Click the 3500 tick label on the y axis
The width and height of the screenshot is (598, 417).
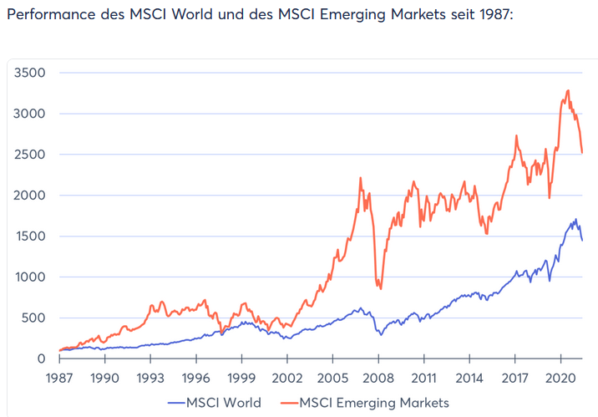[29, 73]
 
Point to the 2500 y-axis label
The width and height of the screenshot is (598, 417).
[29, 155]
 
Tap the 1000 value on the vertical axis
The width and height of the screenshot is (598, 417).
[29, 277]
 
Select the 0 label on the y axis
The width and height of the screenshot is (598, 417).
[40, 359]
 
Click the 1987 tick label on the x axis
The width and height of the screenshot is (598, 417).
[59, 378]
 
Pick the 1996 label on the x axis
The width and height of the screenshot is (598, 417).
[196, 378]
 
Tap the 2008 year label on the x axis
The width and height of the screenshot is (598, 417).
[378, 378]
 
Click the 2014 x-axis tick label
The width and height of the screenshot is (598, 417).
[469, 378]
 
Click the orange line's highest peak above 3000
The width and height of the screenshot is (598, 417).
[568, 90]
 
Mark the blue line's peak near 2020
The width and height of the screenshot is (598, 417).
[575, 219]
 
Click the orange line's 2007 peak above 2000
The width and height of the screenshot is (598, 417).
[360, 178]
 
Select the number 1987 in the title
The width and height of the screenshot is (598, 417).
[491, 17]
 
